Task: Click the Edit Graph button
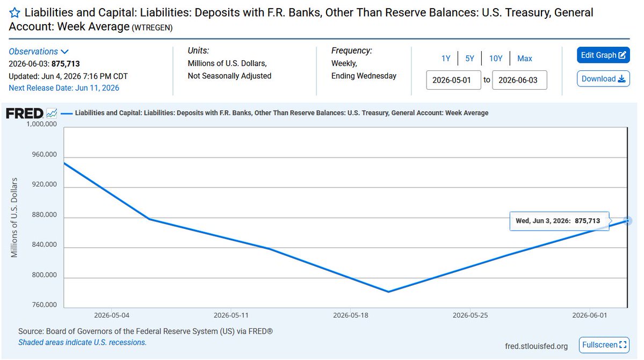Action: [x=603, y=55]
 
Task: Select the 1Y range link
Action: [x=446, y=59]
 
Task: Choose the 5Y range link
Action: [x=469, y=59]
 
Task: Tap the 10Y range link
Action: [x=495, y=59]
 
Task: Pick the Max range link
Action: [x=524, y=59]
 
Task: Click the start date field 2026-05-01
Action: [x=453, y=80]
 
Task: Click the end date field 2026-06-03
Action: [x=519, y=80]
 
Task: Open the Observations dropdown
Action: [x=39, y=52]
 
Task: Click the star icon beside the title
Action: [x=15, y=13]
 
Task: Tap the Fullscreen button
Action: [x=604, y=345]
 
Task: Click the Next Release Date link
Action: [x=64, y=88]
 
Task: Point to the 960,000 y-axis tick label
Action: [x=45, y=155]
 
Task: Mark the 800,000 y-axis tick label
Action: [x=45, y=275]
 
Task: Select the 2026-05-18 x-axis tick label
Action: [x=350, y=315]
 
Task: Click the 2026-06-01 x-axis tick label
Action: [x=589, y=315]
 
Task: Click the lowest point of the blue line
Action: [x=388, y=292]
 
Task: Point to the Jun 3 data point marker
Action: [x=627, y=221]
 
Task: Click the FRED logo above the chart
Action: [x=25, y=113]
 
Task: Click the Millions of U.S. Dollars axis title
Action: [x=15, y=218]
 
